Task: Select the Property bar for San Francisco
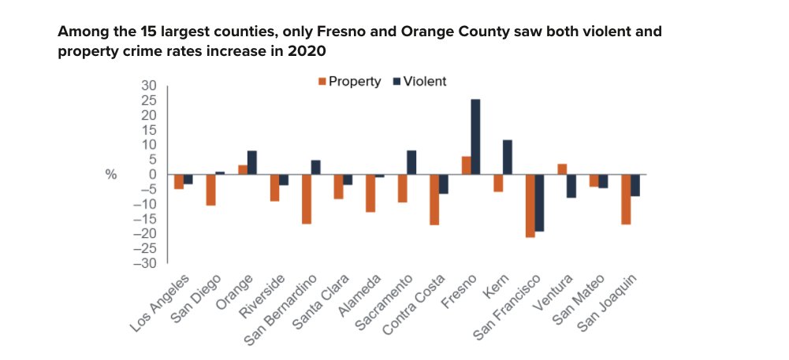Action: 530,206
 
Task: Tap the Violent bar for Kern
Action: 508,157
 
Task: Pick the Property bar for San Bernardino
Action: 306,199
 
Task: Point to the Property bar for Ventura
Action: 561,169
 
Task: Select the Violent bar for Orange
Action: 251,162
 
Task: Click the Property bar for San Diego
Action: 210,190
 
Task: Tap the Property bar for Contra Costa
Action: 434,199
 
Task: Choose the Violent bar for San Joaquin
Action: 635,185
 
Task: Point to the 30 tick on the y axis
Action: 149,85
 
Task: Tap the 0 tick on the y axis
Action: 153,174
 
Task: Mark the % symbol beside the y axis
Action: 111,174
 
